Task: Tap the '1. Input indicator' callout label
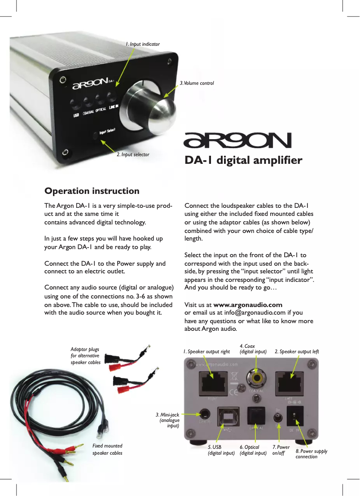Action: click(142, 44)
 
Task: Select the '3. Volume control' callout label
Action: click(197, 83)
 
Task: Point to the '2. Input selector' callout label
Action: click(133, 154)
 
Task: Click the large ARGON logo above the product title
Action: click(238, 140)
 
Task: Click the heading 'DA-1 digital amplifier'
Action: click(243, 161)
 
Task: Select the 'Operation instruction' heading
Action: click(92, 191)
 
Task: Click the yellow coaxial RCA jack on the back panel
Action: click(257, 379)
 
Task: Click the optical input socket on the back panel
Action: click(257, 416)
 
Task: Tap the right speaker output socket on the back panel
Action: click(214, 382)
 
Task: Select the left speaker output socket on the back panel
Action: click(292, 382)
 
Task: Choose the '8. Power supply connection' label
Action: click(311, 454)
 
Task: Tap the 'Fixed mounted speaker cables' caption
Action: click(107, 449)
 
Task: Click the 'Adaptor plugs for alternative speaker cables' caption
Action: click(85, 356)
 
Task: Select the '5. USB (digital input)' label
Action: click(221, 450)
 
